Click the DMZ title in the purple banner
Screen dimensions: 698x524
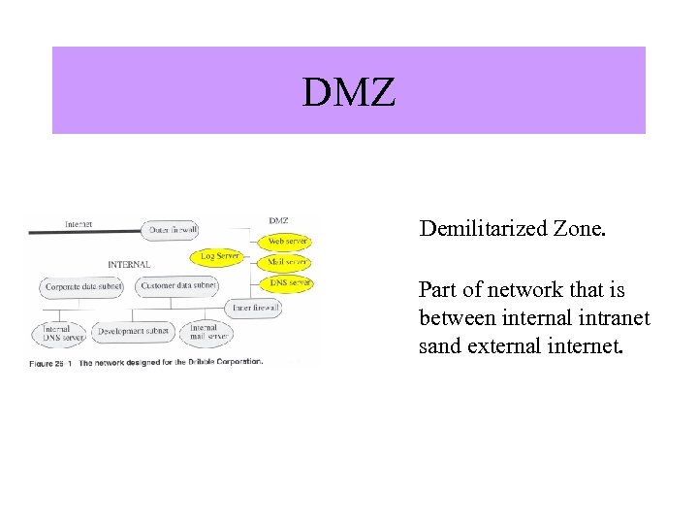(348, 93)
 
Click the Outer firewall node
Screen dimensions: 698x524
(174, 231)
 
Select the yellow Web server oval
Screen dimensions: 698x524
(287, 241)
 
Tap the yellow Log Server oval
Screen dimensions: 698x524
(220, 256)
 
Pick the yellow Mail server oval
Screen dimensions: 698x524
(287, 262)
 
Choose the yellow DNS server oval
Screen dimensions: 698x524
(289, 283)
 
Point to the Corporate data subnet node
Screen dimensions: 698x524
(83, 287)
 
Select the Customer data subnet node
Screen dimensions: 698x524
(178, 286)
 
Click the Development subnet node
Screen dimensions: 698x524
(134, 332)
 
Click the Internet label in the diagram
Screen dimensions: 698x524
(79, 224)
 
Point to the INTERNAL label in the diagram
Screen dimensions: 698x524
(129, 264)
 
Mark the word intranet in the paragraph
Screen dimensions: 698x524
(617, 317)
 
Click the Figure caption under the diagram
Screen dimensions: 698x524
(145, 362)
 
